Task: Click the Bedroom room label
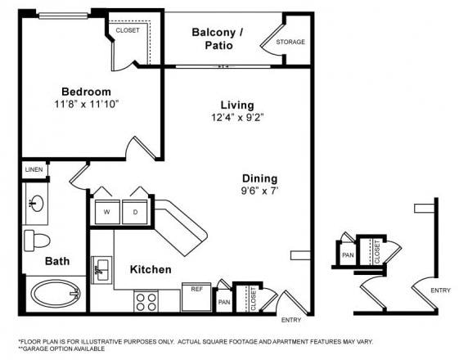click(x=86, y=92)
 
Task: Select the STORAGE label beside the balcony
click(x=290, y=42)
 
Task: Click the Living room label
click(x=236, y=105)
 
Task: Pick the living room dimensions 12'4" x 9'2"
click(x=236, y=118)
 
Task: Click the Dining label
click(x=259, y=178)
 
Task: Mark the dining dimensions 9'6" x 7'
click(x=259, y=191)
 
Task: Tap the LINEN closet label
click(x=34, y=170)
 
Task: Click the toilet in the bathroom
click(x=36, y=240)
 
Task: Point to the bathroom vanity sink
click(x=36, y=204)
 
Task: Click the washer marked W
click(x=106, y=211)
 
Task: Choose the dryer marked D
click(x=135, y=211)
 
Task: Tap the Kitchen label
click(x=151, y=269)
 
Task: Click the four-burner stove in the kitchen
click(x=146, y=300)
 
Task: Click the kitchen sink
click(x=102, y=269)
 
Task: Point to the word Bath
click(x=57, y=261)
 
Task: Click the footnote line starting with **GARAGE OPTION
click(x=61, y=349)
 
